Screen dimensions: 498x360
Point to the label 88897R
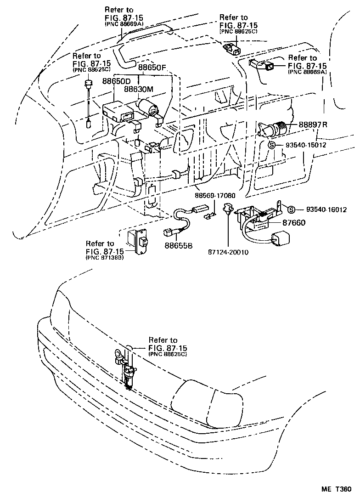tap(315, 125)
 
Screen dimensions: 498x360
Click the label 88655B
tap(180, 245)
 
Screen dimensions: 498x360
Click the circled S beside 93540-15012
tap(272, 145)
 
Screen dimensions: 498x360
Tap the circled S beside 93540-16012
tap(291, 210)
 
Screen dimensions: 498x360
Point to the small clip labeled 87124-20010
tap(227, 210)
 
